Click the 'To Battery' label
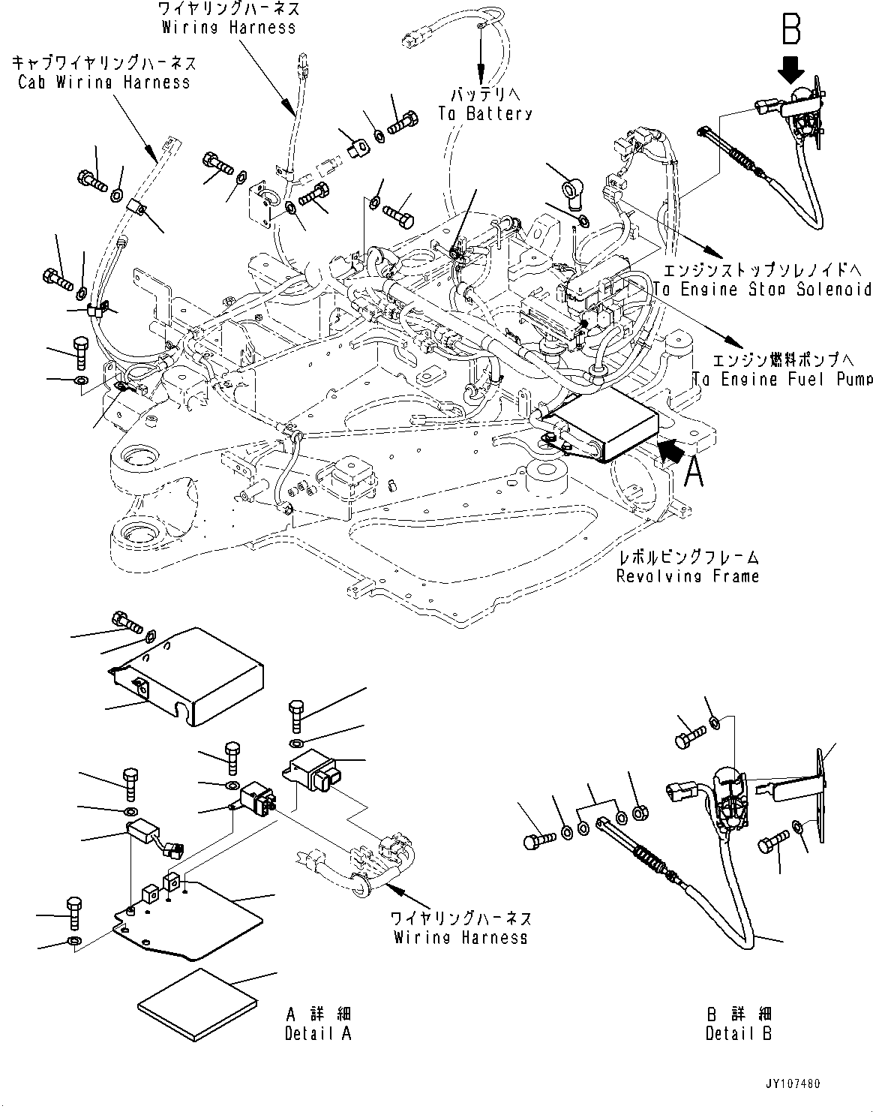coord(485,105)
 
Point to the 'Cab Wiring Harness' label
coord(104,73)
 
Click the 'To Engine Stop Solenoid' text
coord(762,280)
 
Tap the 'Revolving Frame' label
coord(687,567)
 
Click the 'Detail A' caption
coord(318,1023)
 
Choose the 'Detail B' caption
coord(738,1023)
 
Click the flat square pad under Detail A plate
coord(196,1002)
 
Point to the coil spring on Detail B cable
coord(650,859)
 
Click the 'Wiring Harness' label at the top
coord(229,19)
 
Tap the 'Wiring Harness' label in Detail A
coord(460,928)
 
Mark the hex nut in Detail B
coord(641,813)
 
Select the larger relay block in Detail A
coord(313,771)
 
